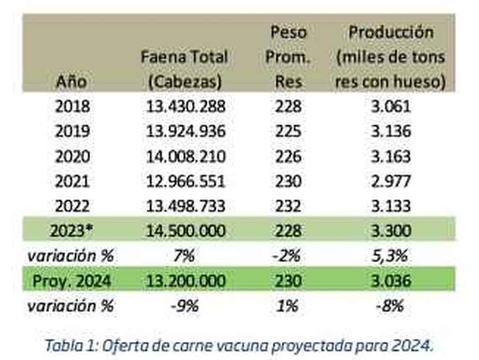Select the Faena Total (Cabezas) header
pyautogui.click(x=184, y=69)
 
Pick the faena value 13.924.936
pyautogui.click(x=184, y=131)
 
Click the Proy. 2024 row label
pyautogui.click(x=73, y=281)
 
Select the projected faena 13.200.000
pyautogui.click(x=184, y=281)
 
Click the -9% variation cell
pyautogui.click(x=184, y=305)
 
